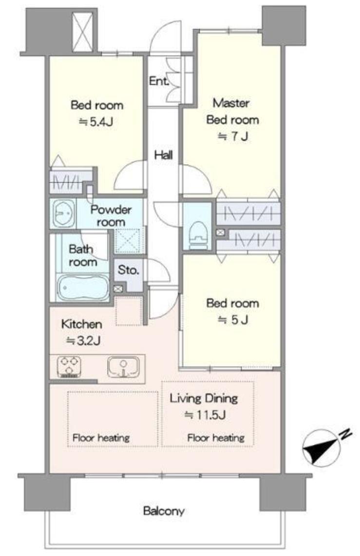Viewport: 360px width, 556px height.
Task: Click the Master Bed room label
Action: coord(232,111)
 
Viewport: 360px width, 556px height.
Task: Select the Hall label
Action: coord(163,155)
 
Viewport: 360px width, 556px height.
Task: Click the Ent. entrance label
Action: coord(159,81)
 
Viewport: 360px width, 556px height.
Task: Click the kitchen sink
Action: coord(123,366)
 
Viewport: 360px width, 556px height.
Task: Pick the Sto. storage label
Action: coord(128,270)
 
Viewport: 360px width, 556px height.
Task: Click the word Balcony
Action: coord(164,511)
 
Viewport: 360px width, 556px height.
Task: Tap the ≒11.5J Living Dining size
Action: coord(205,415)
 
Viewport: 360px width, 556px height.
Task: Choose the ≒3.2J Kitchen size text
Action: coord(84,341)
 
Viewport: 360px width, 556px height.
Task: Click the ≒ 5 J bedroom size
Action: coord(233,320)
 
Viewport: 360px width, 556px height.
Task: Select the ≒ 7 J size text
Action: coord(232,136)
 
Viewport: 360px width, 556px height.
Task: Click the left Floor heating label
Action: coord(101,438)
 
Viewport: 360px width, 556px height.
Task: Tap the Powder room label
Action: coord(111,216)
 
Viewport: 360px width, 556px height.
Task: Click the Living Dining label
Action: coord(204,398)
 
